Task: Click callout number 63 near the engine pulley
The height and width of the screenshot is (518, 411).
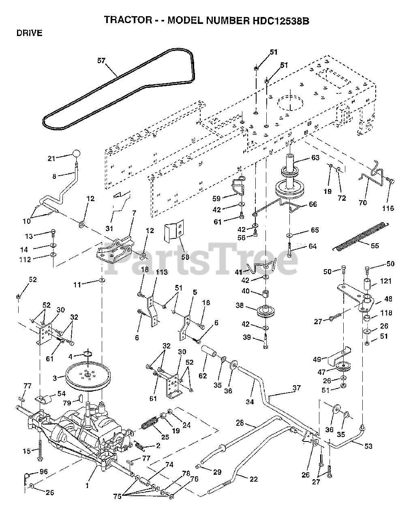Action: point(315,158)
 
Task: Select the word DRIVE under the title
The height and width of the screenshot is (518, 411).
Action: point(29,34)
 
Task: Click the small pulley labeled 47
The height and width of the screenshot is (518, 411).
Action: point(344,367)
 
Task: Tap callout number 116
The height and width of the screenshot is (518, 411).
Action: point(388,208)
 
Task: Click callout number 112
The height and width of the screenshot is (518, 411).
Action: point(25,259)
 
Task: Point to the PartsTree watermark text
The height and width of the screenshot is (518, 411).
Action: point(203,259)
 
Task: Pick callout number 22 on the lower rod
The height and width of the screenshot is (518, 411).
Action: point(254,480)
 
